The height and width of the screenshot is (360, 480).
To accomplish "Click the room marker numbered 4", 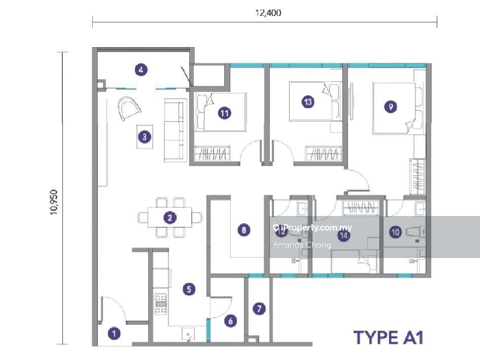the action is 141,70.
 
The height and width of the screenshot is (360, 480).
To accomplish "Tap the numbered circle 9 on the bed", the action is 390,107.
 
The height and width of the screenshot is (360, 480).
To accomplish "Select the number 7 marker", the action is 259,309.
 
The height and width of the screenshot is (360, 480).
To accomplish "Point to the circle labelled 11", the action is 224,113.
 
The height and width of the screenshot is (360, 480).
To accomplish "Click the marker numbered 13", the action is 308,101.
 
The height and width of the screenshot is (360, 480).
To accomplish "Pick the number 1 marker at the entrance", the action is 114,334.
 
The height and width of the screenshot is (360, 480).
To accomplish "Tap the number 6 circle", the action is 230,321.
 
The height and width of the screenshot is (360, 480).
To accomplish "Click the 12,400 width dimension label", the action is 268,13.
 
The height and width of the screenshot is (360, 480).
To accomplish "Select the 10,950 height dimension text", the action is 54,202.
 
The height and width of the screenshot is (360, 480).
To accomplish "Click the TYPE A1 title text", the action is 389,337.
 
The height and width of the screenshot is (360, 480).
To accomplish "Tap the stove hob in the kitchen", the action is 160,304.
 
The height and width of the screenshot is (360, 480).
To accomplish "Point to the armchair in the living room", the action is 128,108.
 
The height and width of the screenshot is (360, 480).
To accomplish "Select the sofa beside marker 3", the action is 175,130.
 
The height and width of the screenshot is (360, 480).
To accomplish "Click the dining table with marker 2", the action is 170,218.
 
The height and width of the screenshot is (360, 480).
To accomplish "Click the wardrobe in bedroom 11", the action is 213,153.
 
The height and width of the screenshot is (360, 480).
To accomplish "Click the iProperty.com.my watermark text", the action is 313,228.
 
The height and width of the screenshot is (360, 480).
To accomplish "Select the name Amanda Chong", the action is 302,245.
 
